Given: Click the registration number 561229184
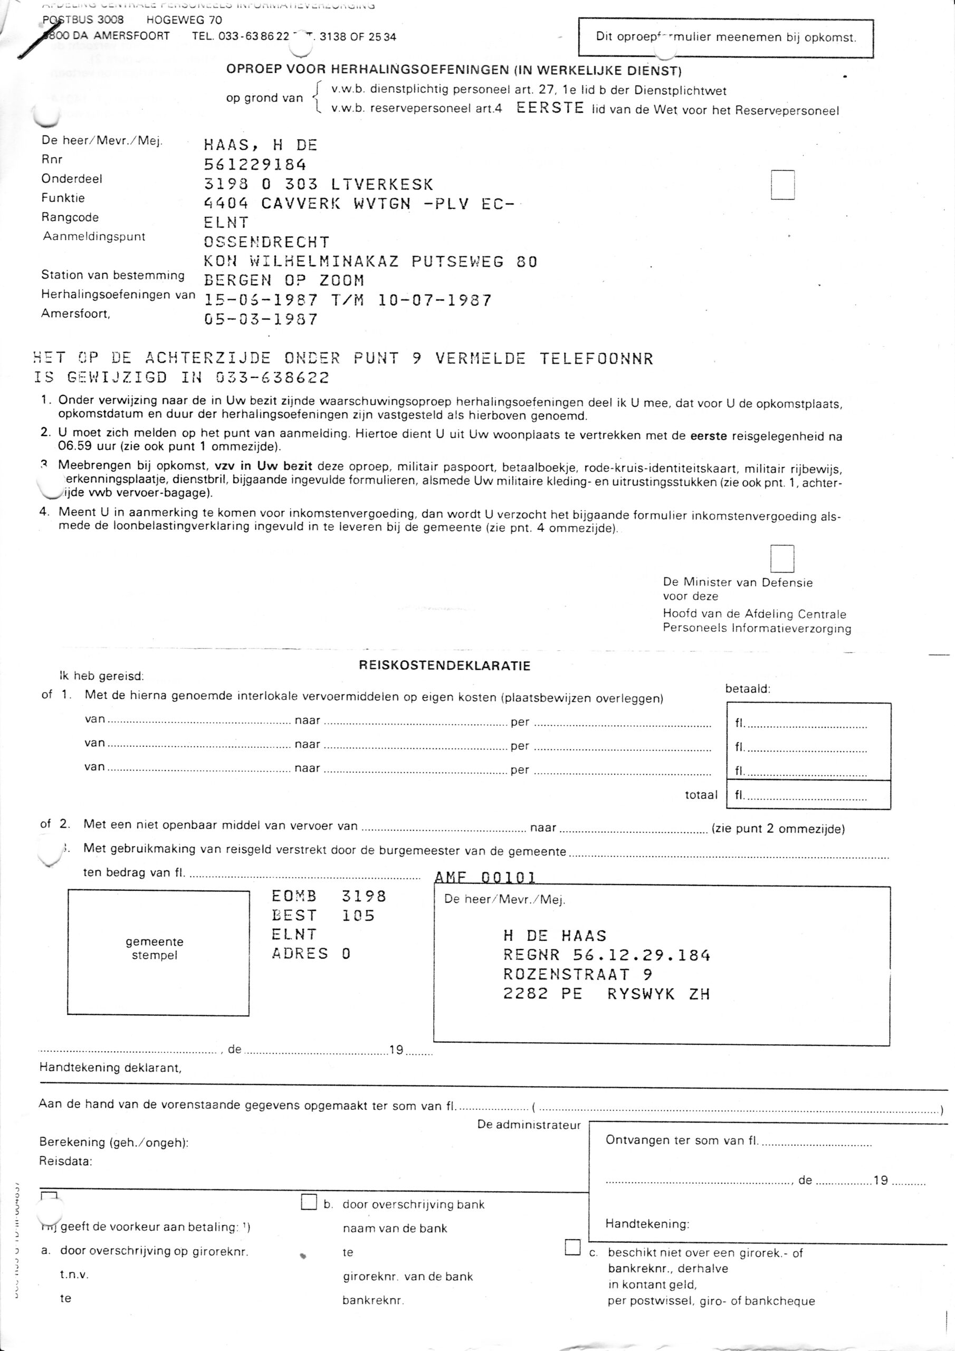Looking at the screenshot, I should tap(255, 165).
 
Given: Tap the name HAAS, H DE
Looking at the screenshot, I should tap(261, 145).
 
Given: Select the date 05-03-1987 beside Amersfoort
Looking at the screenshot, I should tap(261, 319).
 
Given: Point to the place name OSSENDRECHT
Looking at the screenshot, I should tap(266, 242).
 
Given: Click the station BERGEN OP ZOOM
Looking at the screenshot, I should tap(284, 281).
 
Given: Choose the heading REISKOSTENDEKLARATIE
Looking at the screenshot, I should tap(444, 666).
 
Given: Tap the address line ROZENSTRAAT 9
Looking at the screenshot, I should tap(577, 974).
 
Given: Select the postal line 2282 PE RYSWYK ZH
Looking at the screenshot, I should tap(606, 994).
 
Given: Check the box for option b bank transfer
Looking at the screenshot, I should tap(309, 1202).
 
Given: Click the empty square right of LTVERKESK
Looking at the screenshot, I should tap(782, 185).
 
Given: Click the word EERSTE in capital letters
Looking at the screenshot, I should tap(550, 108).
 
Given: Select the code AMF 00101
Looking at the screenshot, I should tap(485, 878).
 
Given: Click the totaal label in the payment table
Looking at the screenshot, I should tap(701, 795).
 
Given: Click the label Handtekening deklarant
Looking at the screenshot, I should tap(110, 1068).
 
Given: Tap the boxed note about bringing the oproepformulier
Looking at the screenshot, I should tap(725, 37).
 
